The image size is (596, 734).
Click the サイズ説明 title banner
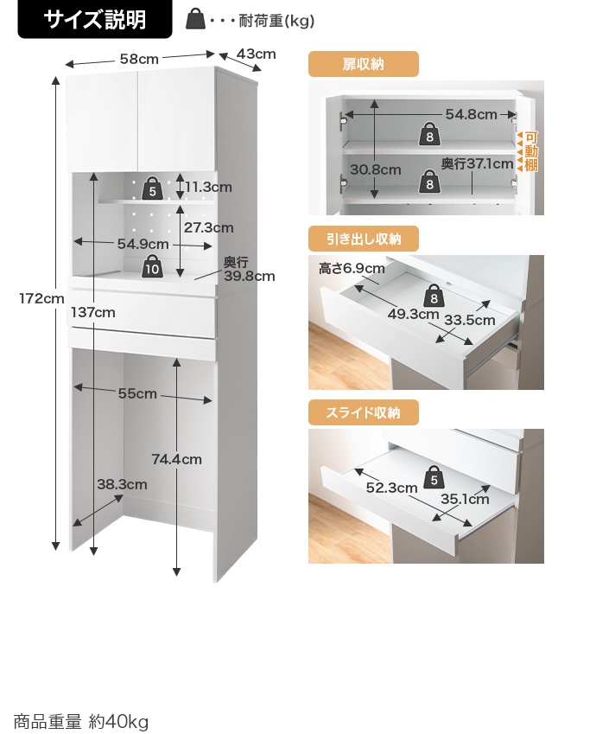coord(95,19)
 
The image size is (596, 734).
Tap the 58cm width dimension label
coord(139,59)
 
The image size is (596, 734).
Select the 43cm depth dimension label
coord(256,54)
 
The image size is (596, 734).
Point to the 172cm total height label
coord(41,298)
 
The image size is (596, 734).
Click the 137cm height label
coord(93,312)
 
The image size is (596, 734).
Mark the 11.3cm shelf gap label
coord(208,188)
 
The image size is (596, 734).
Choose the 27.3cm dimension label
coord(208,227)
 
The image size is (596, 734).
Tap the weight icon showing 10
coord(152,267)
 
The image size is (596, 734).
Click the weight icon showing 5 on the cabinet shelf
coord(153,188)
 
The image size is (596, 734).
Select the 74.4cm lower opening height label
coord(176,459)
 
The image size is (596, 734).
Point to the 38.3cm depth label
coord(122,484)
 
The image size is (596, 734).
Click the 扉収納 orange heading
coord(363,64)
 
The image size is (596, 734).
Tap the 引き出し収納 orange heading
coord(363,239)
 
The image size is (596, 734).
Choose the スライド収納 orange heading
coord(363,412)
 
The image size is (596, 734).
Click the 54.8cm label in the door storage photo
coord(471,114)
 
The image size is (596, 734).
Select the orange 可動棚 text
coord(531,151)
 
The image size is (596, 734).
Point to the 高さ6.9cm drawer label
coord(352,268)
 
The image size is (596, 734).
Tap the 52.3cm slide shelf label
coord(391,488)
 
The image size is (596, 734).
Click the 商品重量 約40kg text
coord(81,721)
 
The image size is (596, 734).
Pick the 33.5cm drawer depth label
coord(469,320)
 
